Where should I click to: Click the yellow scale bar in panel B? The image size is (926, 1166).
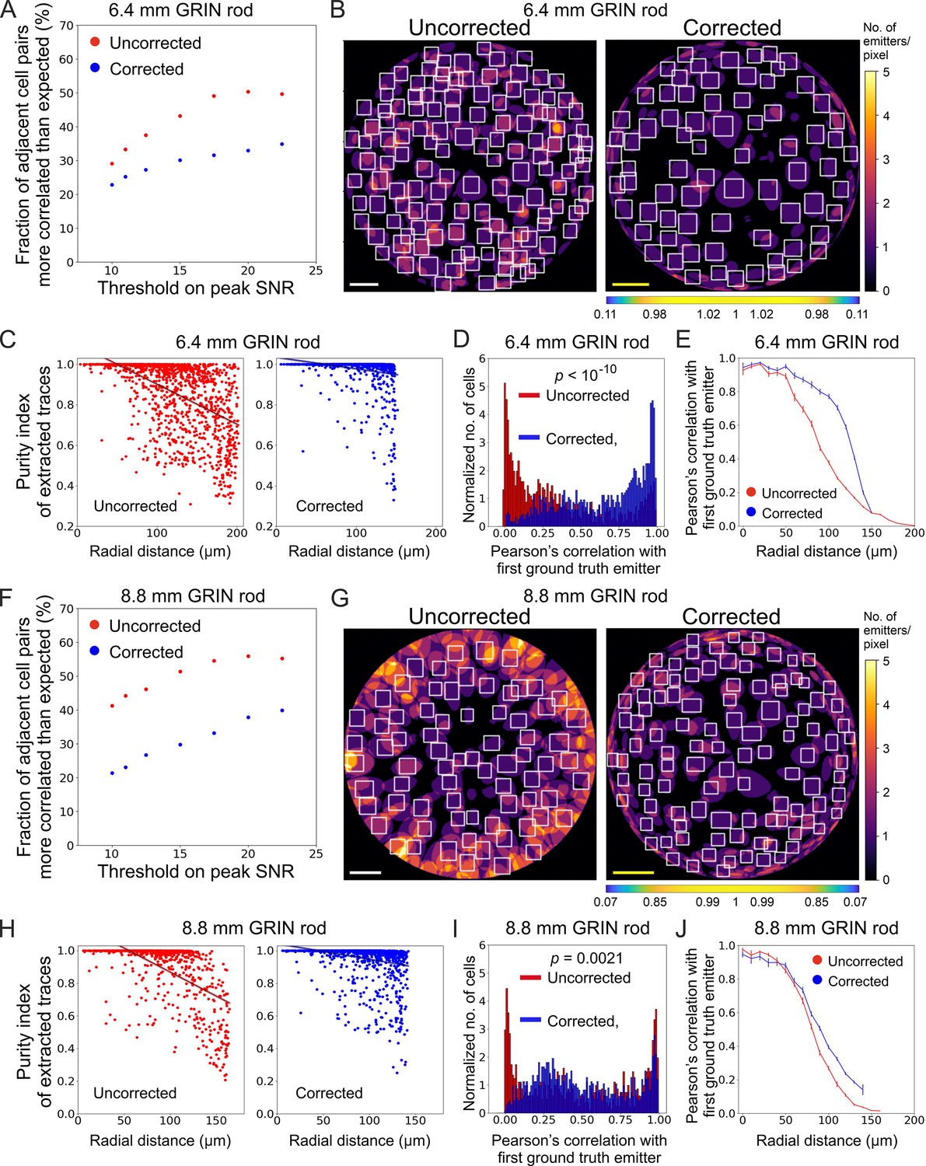click(631, 284)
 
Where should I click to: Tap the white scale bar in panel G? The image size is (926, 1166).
click(365, 872)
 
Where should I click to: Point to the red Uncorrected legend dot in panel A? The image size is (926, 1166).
click(95, 42)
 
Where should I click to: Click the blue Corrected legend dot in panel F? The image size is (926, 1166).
click(95, 651)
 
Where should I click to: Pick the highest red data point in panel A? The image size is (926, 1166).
click(248, 92)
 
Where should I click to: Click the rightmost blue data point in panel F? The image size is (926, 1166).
click(282, 710)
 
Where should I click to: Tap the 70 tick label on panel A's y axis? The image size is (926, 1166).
click(66, 26)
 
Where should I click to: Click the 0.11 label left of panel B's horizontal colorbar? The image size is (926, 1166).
click(604, 314)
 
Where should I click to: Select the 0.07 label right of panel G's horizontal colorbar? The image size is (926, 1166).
click(856, 902)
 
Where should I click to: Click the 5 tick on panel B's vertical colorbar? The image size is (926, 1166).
click(886, 72)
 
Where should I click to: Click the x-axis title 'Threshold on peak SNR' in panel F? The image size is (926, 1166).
click(196, 871)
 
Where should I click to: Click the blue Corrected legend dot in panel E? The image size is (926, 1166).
click(751, 512)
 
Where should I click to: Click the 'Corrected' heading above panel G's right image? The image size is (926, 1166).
click(731, 616)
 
